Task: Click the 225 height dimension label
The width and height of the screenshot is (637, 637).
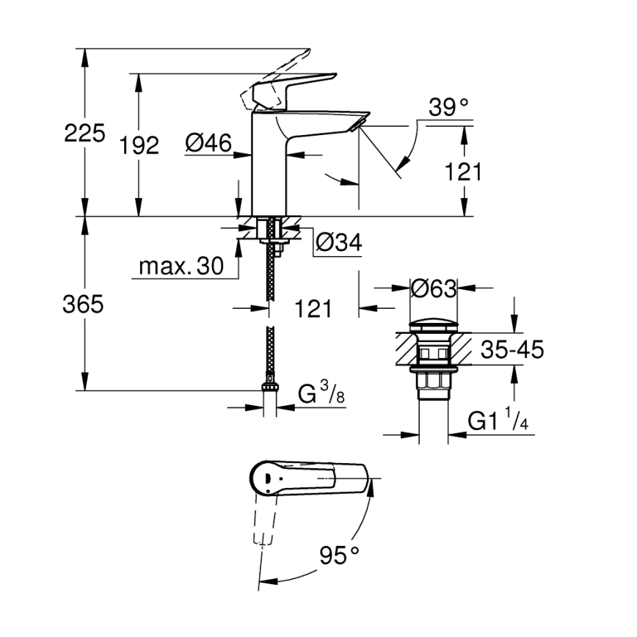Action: pyautogui.click(x=84, y=134)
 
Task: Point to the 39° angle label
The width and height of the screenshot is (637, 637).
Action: pyautogui.click(x=448, y=109)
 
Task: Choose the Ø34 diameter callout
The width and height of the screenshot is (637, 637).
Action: pyautogui.click(x=338, y=243)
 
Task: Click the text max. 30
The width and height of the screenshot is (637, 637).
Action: pyautogui.click(x=181, y=268)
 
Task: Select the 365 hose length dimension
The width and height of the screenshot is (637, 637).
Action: pyautogui.click(x=83, y=305)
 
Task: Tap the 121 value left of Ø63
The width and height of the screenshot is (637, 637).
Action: pyautogui.click(x=313, y=309)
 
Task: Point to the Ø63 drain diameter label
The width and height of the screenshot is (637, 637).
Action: pyautogui.click(x=432, y=288)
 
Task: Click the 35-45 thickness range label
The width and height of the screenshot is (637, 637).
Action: pyautogui.click(x=512, y=351)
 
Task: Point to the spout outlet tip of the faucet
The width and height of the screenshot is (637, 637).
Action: pyautogui.click(x=360, y=122)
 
